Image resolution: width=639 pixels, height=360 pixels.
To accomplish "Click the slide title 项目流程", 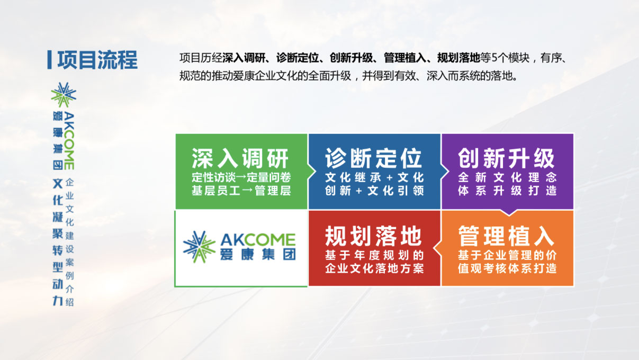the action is (97, 60).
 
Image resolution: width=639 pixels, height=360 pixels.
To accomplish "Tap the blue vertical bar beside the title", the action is (49, 60).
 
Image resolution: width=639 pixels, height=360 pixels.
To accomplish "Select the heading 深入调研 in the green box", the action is (240, 158).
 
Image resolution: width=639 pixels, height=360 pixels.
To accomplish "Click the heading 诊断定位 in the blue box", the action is (374, 158).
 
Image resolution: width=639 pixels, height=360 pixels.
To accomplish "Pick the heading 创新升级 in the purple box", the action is (507, 158).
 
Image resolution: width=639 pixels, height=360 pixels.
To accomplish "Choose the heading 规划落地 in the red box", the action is (374, 236).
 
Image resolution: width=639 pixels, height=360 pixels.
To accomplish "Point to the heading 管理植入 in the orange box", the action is (507, 236).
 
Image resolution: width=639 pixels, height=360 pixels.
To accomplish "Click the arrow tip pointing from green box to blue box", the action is (315, 172).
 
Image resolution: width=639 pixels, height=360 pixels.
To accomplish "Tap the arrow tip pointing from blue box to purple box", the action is (448, 172).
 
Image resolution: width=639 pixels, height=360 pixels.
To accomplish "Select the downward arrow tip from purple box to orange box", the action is (509, 215).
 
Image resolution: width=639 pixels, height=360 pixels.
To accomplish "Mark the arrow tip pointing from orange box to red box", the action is (434, 249).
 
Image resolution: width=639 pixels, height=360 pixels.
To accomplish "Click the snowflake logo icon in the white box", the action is (199, 247).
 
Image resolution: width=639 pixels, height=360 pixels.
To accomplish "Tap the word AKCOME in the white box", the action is (258, 240).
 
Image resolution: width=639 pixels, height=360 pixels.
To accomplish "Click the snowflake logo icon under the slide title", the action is (64, 95).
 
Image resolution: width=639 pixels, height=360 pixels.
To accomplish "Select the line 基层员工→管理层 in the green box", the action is (241, 191).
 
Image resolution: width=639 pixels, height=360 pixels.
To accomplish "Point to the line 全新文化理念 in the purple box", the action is (507, 177).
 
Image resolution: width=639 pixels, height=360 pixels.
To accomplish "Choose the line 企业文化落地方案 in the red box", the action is (374, 268).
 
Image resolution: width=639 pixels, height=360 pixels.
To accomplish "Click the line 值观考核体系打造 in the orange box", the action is (507, 268).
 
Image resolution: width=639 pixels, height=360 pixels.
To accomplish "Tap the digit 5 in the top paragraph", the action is (494, 58).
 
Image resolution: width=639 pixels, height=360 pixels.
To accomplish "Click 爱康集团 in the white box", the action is (258, 255).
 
